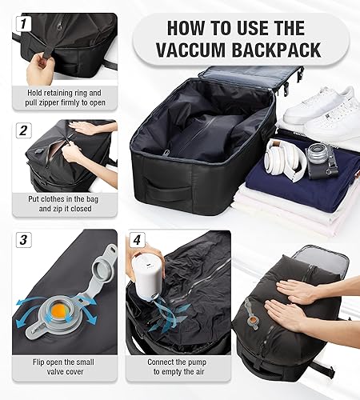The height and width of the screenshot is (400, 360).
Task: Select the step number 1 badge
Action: [23, 25]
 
